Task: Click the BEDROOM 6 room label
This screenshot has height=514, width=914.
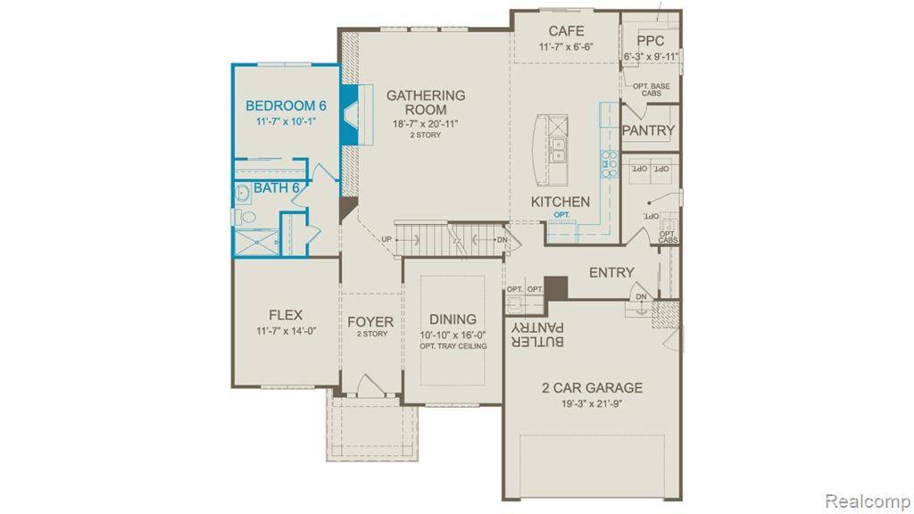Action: pos(286,105)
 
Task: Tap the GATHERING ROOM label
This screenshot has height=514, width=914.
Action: pos(426,102)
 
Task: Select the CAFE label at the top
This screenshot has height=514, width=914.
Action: pos(566,31)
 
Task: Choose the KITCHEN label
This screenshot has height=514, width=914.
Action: pos(560,202)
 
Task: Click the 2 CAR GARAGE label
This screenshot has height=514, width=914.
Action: pos(591,387)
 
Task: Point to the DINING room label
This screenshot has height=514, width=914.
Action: pos(453,319)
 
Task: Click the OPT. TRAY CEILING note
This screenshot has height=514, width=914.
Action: pos(453,346)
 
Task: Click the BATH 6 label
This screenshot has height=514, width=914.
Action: pos(276,188)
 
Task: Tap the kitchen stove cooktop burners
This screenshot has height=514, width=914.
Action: pos(611,164)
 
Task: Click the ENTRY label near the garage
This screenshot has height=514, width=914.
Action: pos(611,272)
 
